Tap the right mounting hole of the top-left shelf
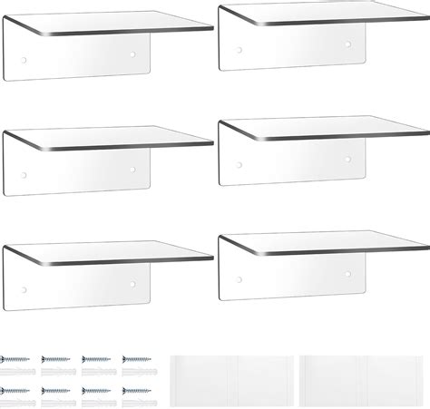133,55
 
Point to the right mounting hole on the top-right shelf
349,43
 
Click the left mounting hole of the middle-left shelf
24,174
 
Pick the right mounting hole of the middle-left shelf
133,169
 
